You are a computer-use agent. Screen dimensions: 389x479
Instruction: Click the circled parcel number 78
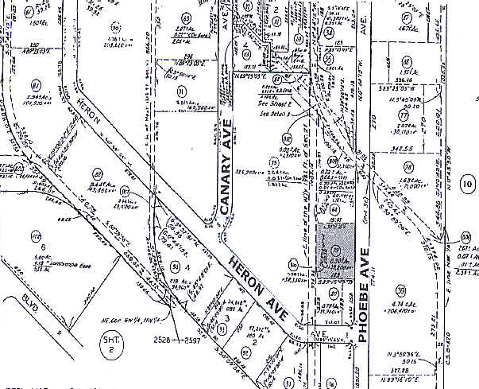pyautogui.click(x=409, y=168)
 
